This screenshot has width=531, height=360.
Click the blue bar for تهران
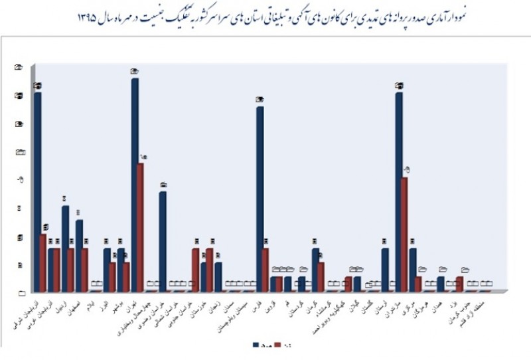tap(135, 185)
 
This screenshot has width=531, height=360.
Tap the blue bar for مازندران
tap(398, 193)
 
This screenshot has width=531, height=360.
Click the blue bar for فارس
tap(260, 199)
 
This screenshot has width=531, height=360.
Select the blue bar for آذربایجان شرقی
tap(38, 192)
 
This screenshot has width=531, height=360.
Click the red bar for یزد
tap(460, 284)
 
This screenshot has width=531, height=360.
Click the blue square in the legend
tap(256, 345)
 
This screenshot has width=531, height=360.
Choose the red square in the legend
tap(280, 345)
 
